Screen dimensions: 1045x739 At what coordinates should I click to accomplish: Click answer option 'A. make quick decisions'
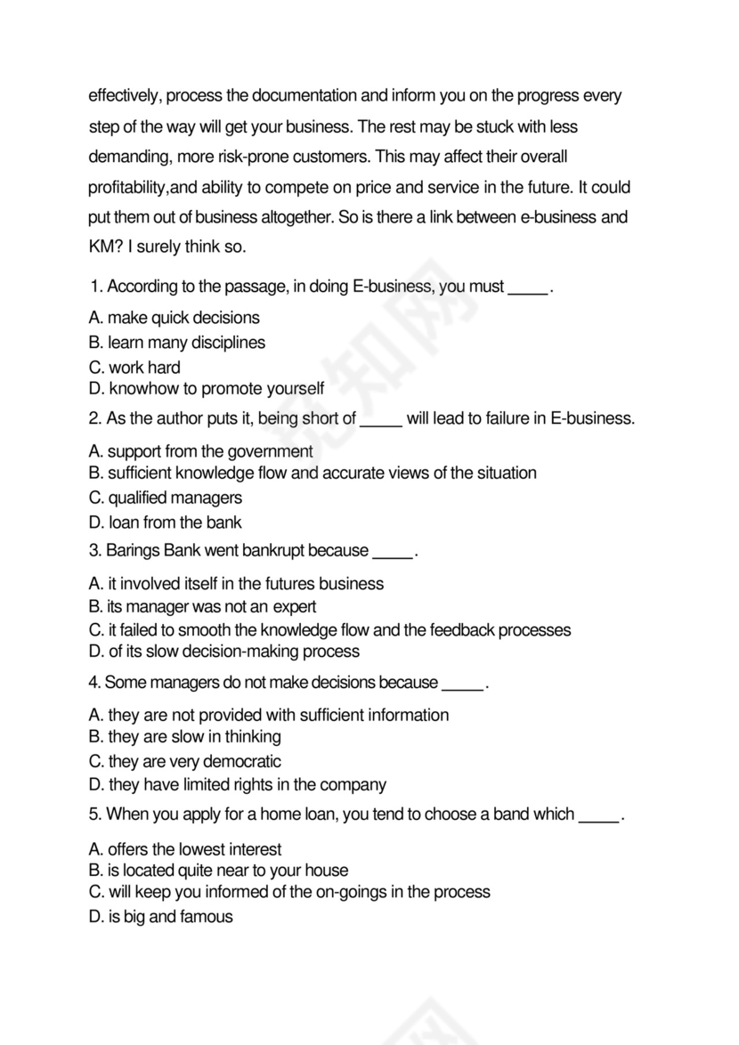(175, 318)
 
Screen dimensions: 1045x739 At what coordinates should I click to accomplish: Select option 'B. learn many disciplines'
(177, 343)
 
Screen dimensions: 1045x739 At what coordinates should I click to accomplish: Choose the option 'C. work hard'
(134, 368)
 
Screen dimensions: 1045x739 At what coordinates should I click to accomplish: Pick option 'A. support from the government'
(200, 451)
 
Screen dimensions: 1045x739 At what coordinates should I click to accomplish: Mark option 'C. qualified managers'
(166, 498)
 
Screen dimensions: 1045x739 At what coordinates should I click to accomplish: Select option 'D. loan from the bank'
(166, 522)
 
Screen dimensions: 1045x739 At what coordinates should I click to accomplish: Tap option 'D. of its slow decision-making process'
(224, 652)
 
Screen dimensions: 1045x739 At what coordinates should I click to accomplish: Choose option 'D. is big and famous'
(161, 917)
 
